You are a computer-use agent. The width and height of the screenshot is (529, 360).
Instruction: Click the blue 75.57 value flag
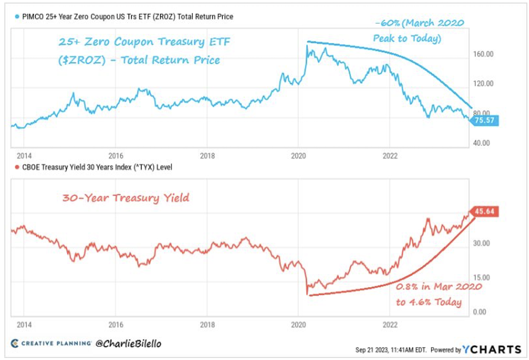(x=485, y=120)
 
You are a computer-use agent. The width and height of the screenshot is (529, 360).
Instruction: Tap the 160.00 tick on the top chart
(x=484, y=54)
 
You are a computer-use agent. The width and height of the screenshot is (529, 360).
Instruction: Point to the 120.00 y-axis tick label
(x=484, y=83)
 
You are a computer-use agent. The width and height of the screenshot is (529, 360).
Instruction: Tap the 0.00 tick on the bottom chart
(x=481, y=312)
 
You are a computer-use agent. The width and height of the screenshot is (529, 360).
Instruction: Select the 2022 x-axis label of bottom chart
(x=390, y=325)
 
